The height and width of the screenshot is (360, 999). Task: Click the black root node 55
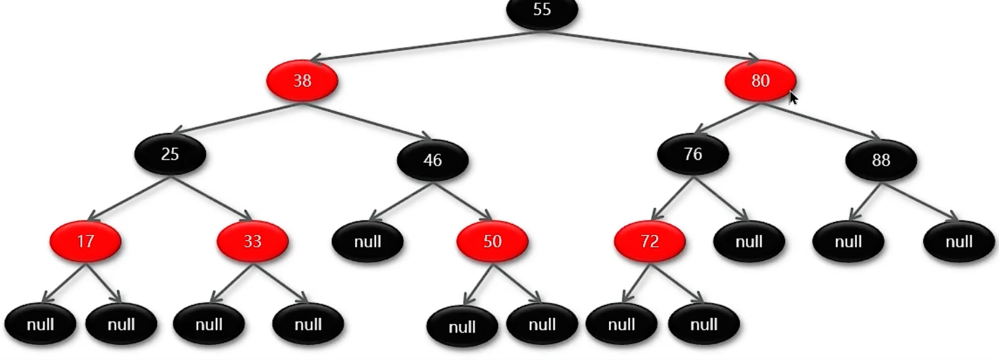click(x=542, y=11)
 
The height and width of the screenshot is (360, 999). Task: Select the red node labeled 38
click(x=302, y=81)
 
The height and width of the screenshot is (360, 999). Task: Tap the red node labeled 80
click(x=760, y=81)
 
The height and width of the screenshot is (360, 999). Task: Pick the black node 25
click(x=170, y=155)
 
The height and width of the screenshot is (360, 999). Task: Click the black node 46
click(x=432, y=160)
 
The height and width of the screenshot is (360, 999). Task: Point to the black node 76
click(x=693, y=154)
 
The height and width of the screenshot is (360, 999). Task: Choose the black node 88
click(x=881, y=160)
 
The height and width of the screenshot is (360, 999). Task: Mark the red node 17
click(x=85, y=242)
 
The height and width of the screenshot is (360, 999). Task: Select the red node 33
click(x=253, y=242)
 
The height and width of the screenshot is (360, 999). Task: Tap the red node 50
click(x=492, y=242)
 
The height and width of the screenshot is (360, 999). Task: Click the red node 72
click(x=650, y=242)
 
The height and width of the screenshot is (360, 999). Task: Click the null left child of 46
click(x=368, y=242)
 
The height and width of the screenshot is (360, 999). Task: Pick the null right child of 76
click(x=749, y=242)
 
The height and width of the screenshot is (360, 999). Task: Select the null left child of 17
click(x=40, y=325)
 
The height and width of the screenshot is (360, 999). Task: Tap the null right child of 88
click(x=958, y=242)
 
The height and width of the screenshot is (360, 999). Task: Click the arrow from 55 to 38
click(x=425, y=46)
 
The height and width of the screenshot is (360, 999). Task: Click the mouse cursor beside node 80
click(x=793, y=98)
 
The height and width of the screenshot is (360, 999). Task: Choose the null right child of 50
click(x=542, y=325)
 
